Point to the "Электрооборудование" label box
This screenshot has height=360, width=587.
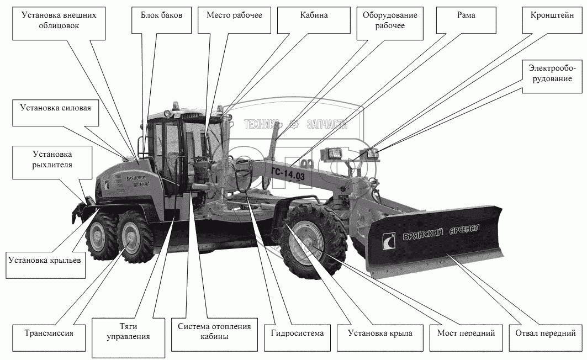(553, 76)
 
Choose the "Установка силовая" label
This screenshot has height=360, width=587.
(56, 113)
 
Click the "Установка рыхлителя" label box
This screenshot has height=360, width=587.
(52, 162)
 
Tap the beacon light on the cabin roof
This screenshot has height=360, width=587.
(176, 105)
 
